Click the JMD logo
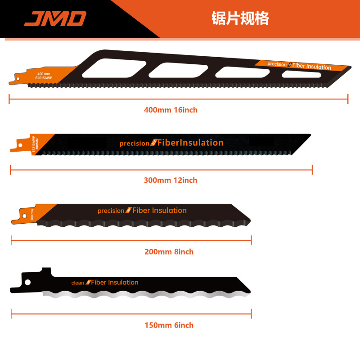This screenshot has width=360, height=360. coord(54,18)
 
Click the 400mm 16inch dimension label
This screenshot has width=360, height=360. coord(171,110)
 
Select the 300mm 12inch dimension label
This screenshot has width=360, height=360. coord(171,180)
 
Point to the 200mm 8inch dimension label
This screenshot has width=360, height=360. coord(169,252)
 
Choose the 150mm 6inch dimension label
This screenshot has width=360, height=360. coord(169,325)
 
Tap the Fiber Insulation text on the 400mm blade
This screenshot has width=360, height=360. coord(312,67)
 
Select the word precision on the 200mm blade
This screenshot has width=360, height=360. coord(111,211)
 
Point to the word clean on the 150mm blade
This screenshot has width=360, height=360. coord(77,283)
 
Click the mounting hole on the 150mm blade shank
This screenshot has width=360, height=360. coord(27,283)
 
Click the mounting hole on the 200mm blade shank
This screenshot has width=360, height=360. coord(20,215)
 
